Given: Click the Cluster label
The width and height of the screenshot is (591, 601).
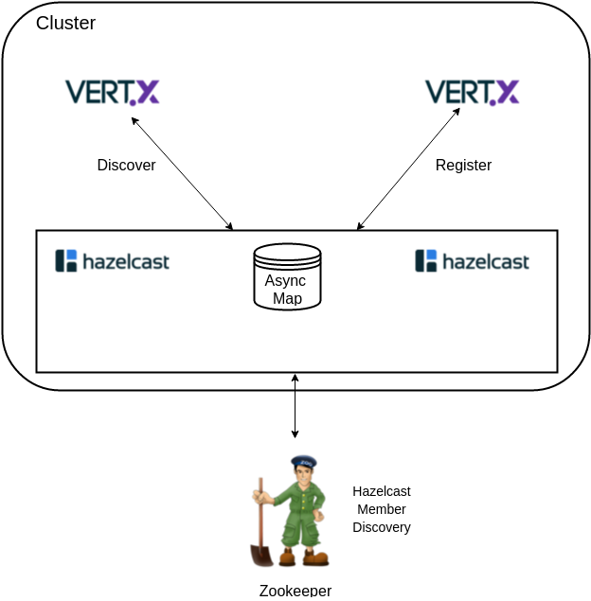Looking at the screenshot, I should (x=65, y=23).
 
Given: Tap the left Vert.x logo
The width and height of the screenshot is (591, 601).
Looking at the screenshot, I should (x=112, y=93).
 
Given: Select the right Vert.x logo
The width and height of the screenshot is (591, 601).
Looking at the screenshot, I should (x=472, y=93).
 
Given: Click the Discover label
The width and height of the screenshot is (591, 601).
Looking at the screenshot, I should (x=126, y=165).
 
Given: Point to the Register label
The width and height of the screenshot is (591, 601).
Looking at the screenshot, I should (x=463, y=166).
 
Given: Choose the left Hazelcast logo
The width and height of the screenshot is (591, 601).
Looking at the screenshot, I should (x=112, y=261).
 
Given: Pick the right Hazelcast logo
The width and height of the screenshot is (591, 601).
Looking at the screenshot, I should (x=472, y=261).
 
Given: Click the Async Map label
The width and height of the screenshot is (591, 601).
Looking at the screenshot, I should (x=287, y=289).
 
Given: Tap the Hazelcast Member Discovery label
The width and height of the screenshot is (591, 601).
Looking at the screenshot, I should (x=382, y=508).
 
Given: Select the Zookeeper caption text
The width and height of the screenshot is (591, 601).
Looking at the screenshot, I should (x=295, y=591).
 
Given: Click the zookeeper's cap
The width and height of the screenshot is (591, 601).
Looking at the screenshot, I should (x=304, y=462).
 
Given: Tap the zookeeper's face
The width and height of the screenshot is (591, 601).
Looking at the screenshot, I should (x=303, y=475).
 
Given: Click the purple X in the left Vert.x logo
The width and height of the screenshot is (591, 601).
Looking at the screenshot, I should (x=147, y=92).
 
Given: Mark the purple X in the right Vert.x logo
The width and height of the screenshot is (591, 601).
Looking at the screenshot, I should (x=507, y=92).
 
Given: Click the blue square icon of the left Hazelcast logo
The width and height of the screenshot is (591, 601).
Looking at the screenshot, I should (x=71, y=255).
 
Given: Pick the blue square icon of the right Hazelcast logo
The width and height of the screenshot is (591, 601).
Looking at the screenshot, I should (x=431, y=255).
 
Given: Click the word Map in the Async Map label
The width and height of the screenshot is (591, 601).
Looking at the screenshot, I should (x=287, y=298).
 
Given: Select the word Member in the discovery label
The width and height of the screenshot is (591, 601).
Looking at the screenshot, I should (x=382, y=509).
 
